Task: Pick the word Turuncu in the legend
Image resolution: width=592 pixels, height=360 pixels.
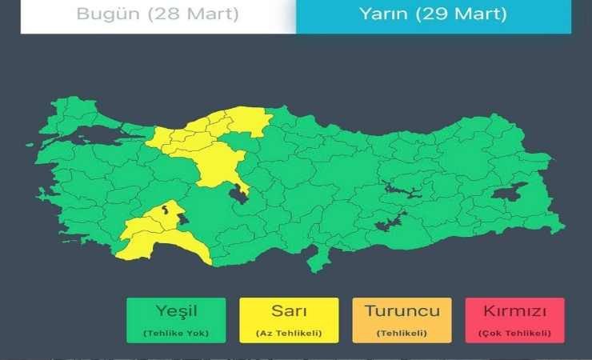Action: click(402, 311)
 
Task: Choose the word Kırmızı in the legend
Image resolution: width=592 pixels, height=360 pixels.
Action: click(514, 311)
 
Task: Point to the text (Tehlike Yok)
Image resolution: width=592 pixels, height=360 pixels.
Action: click(177, 332)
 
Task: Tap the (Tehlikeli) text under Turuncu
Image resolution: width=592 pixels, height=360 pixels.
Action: click(402, 332)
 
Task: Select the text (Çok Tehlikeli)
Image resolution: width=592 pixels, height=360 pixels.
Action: click(514, 332)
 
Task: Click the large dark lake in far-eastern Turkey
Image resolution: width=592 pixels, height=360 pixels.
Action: click(510, 193)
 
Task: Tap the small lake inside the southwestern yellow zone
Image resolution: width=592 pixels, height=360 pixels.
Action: click(166, 210)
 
